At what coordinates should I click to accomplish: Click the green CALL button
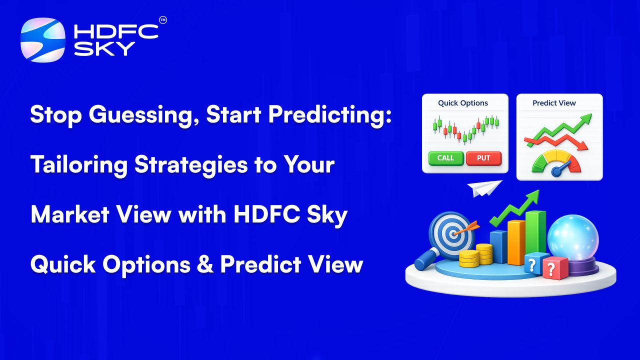point(446,158)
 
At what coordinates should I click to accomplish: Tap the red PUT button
point(483,158)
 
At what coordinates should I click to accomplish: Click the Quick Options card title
point(463,103)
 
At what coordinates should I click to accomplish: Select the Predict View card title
point(554,103)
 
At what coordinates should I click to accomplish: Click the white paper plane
point(484,188)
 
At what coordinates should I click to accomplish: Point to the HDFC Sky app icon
point(43,39)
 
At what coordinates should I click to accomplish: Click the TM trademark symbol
point(163,20)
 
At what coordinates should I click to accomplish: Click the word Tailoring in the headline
point(79,165)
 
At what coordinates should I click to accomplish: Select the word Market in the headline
point(70,214)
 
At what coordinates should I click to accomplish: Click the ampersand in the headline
point(205,264)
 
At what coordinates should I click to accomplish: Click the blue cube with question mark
point(533,263)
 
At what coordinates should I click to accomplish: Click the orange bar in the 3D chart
point(516,242)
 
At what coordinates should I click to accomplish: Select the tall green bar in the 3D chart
point(535,233)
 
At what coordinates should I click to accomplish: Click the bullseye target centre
point(453,235)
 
